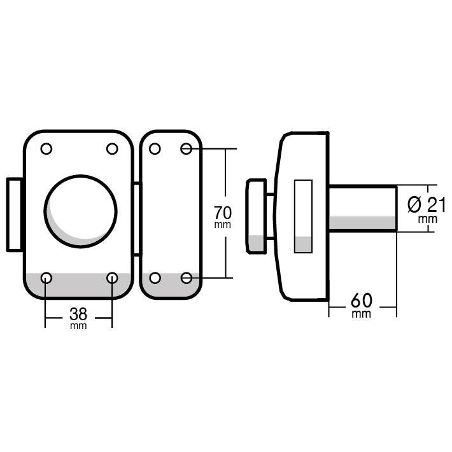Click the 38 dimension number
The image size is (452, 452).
[x=78, y=314]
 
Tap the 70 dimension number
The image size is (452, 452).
[x=223, y=213]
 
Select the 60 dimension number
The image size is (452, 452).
[x=362, y=300]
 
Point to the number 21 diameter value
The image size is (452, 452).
[x=437, y=205]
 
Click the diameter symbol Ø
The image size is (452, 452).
[x=414, y=204]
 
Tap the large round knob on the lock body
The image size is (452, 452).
[x=81, y=211]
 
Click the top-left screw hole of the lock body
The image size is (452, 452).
[x=46, y=149]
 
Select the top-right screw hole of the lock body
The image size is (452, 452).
[x=112, y=149]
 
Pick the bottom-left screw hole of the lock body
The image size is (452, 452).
[x=46, y=278]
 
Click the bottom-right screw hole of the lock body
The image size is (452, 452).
[x=112, y=278]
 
